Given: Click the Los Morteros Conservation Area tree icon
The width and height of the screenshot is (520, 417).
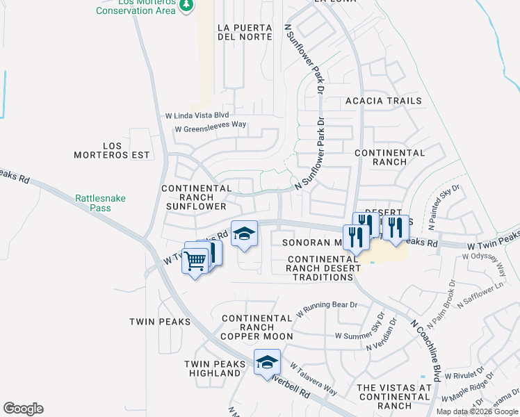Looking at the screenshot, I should (186, 5).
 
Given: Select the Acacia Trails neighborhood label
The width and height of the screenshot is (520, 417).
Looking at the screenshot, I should (384, 101).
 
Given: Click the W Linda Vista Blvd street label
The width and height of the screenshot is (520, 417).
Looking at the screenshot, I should (197, 115).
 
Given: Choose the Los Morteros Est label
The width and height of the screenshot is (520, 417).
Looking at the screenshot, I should (112, 150).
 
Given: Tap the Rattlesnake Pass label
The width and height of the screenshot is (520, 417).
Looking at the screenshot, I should (101, 203).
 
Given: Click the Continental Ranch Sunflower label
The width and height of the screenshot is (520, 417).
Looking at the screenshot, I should (197, 197).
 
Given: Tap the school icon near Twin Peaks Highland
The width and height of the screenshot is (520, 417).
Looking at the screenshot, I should (267, 362).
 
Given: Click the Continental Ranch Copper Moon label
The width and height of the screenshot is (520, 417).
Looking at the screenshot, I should (257, 327).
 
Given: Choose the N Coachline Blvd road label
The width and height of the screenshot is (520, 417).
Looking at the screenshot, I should (426, 350).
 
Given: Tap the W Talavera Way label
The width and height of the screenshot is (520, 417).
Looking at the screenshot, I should (314, 379).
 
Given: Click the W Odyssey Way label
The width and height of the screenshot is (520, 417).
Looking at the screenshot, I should (487, 256).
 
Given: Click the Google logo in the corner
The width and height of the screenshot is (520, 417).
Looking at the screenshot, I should (23, 409).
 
